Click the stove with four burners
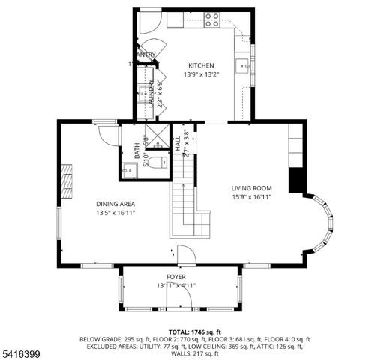[212, 19]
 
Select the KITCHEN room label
[201, 65]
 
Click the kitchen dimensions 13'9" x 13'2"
[201, 74]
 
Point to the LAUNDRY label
[151, 94]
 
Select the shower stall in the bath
[157, 136]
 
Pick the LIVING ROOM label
[251, 188]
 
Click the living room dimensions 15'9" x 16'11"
[251, 197]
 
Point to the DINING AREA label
[115, 203]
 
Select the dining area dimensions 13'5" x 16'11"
[115, 212]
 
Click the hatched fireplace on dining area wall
[69, 181]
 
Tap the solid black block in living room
[297, 181]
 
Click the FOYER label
[176, 277]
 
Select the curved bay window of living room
[325, 224]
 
